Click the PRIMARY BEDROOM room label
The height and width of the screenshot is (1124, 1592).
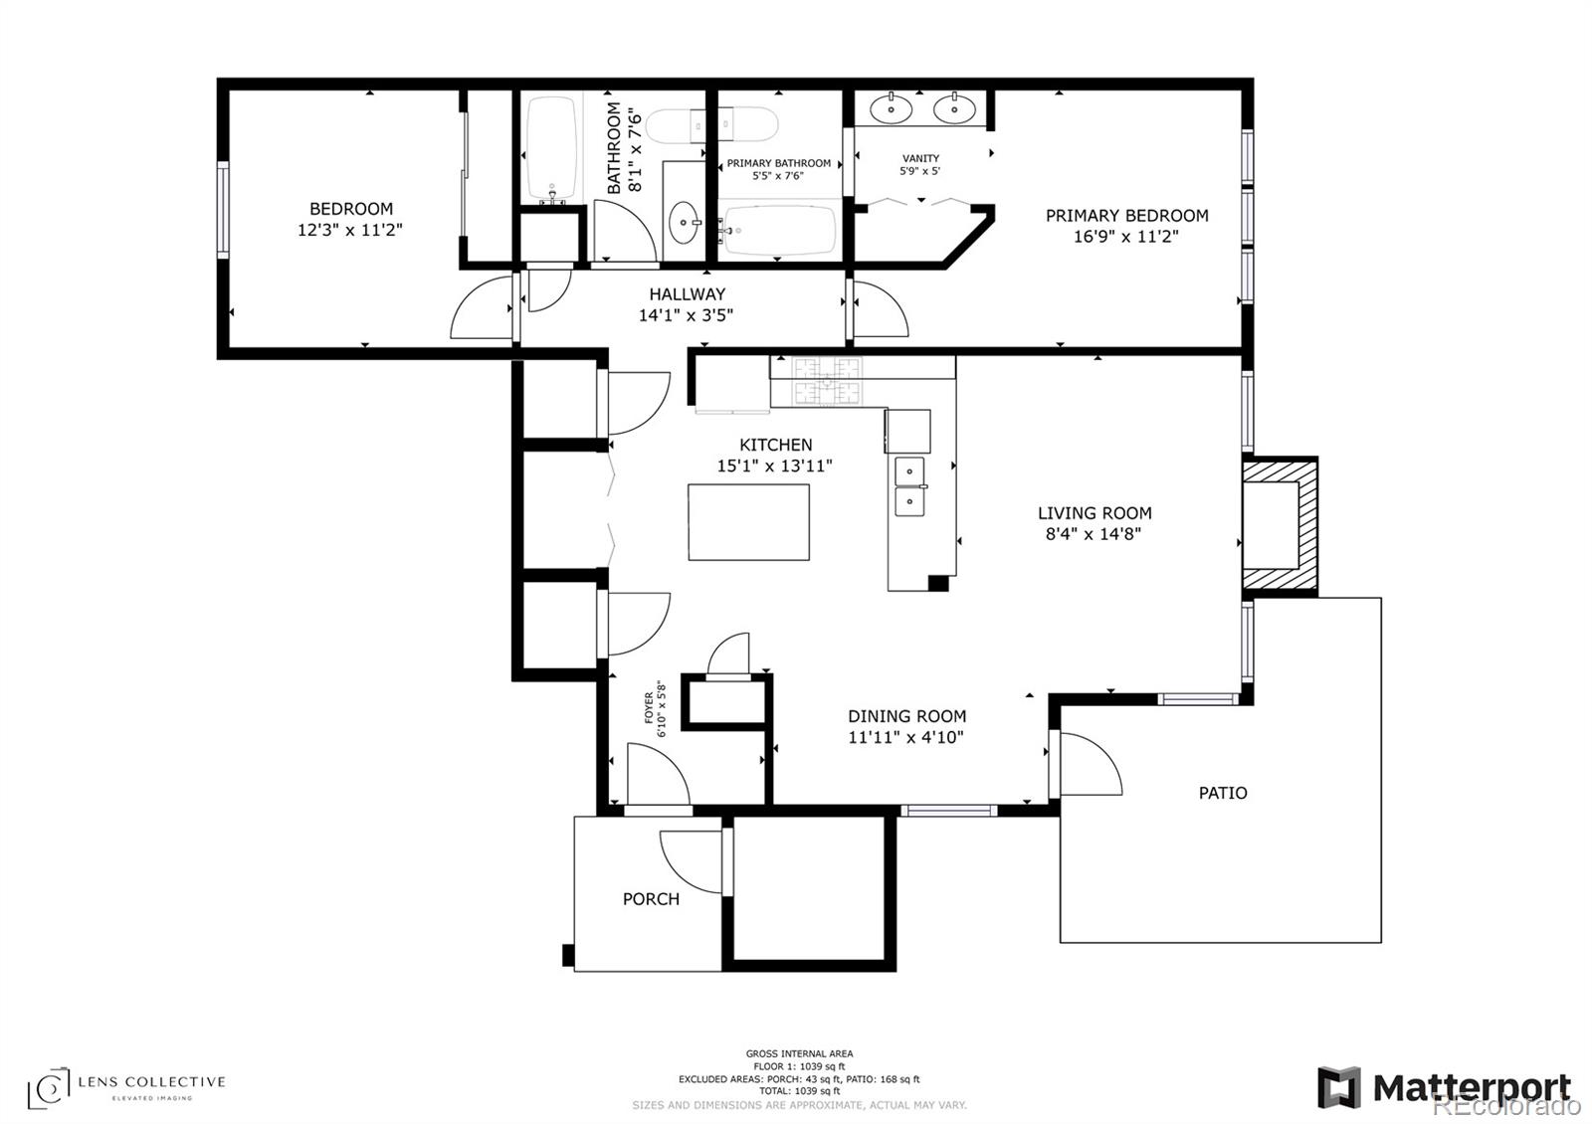[1126, 215]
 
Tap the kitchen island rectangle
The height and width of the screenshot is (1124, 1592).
[748, 522]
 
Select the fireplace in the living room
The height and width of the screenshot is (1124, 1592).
[1280, 526]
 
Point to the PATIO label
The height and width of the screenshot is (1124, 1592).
[1223, 793]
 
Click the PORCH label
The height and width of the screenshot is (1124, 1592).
[651, 899]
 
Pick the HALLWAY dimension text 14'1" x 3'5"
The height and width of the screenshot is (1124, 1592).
[686, 314]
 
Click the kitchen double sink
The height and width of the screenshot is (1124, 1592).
[909, 486]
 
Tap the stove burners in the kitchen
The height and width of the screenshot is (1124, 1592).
[827, 381]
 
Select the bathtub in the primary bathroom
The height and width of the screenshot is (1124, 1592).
[778, 230]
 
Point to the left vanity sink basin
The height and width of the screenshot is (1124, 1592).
[892, 108]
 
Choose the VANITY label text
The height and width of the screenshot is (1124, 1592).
[920, 158]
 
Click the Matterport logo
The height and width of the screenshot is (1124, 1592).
[1444, 1088]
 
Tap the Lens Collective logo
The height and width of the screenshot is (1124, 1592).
[125, 1088]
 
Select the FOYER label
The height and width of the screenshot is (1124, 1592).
[649, 707]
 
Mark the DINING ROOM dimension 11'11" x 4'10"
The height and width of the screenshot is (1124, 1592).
[906, 737]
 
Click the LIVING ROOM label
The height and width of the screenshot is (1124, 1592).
[1094, 513]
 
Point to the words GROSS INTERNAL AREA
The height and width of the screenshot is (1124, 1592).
[799, 1053]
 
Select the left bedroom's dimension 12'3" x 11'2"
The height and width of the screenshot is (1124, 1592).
[349, 230]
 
